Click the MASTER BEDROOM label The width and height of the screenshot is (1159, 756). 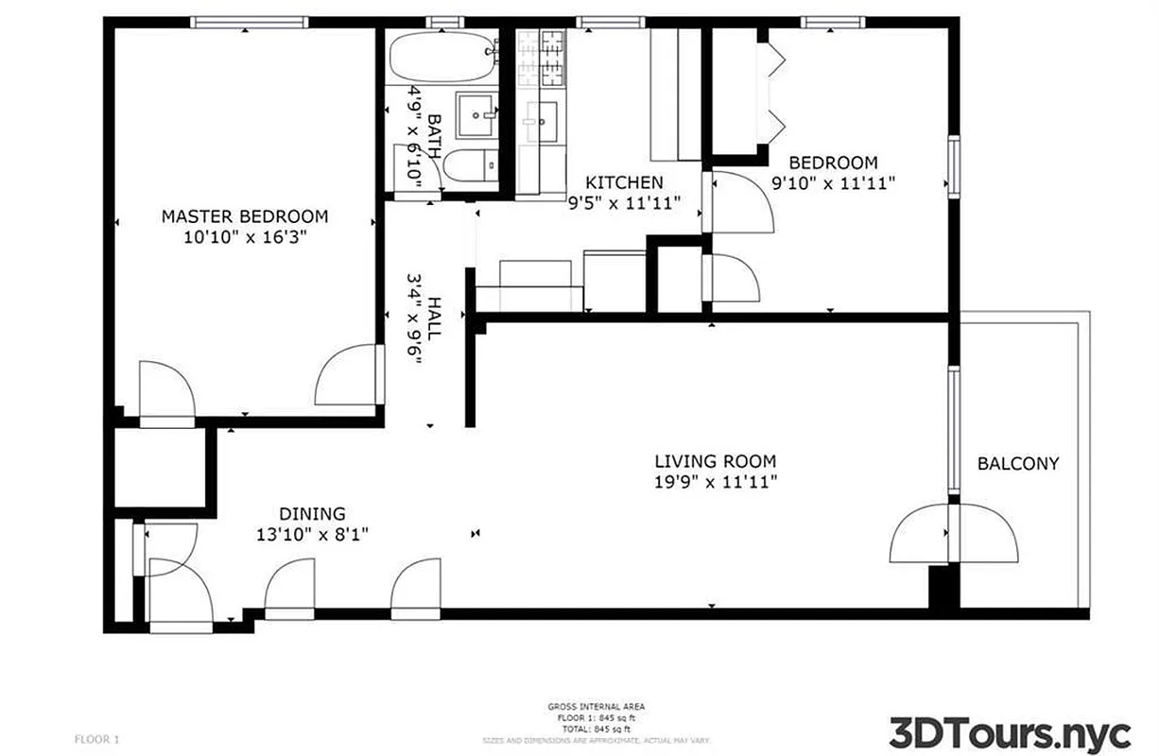point(245,216)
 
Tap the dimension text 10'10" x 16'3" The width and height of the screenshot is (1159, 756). point(245,237)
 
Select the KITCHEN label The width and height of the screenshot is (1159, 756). point(624,182)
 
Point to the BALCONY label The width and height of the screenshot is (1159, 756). point(1018,464)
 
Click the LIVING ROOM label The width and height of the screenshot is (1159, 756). point(716,461)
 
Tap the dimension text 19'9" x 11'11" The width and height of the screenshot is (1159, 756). point(716,483)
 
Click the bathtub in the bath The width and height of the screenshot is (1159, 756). point(442,59)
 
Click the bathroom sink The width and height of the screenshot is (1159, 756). point(477,115)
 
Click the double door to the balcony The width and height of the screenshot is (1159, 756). point(953,534)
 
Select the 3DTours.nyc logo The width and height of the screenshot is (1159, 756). point(1010,732)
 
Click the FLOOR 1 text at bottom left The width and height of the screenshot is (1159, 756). point(97,738)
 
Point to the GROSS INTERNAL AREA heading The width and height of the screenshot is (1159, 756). point(597,707)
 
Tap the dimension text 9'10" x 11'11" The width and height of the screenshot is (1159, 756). point(833,183)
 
